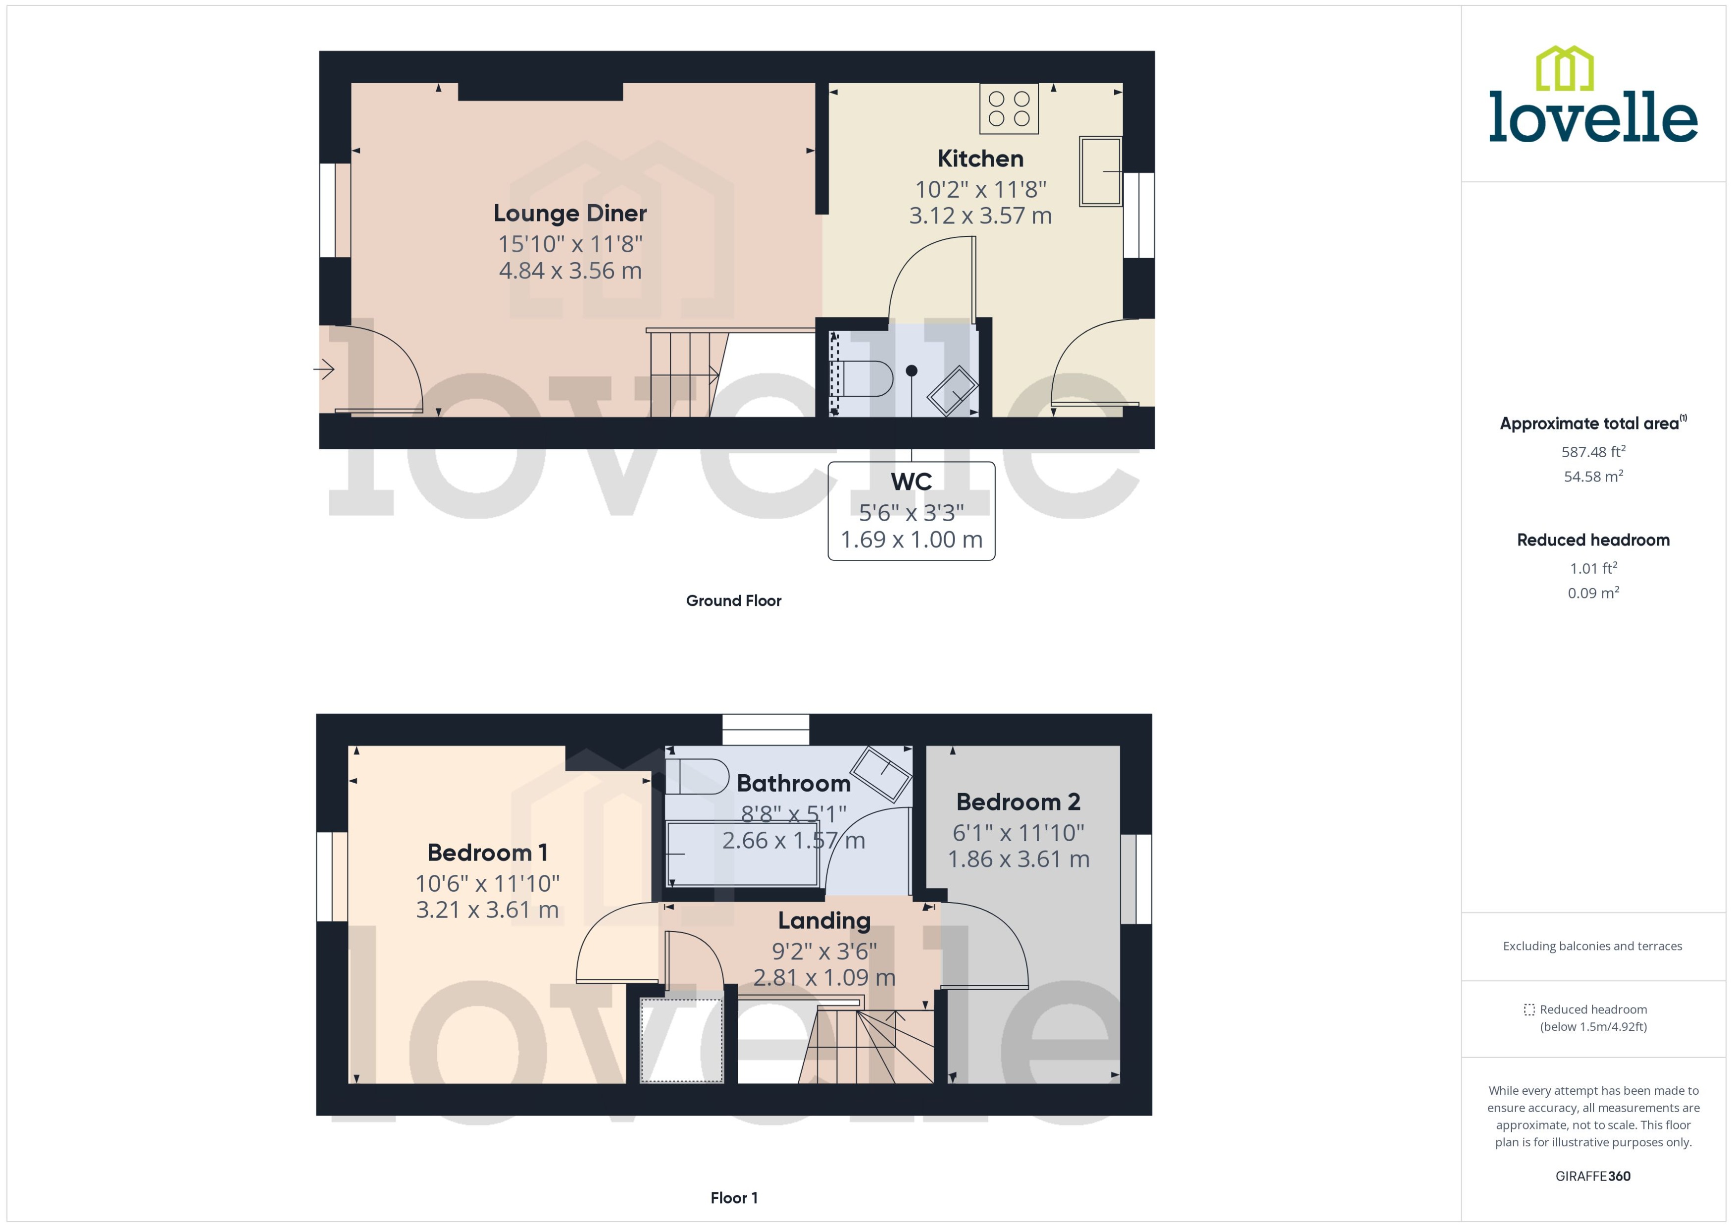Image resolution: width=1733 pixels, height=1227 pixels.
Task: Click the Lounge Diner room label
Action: click(x=570, y=214)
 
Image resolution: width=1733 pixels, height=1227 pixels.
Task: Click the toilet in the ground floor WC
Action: click(x=863, y=378)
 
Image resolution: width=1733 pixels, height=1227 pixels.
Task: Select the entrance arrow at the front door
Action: click(x=325, y=370)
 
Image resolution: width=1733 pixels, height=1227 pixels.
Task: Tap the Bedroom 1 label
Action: click(x=487, y=853)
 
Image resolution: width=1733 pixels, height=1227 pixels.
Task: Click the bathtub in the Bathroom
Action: click(x=742, y=854)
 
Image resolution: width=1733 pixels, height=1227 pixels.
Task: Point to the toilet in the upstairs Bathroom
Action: click(x=699, y=777)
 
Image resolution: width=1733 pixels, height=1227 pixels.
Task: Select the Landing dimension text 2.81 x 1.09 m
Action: click(x=824, y=978)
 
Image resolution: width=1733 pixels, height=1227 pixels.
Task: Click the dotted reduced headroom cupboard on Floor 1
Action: click(x=681, y=1040)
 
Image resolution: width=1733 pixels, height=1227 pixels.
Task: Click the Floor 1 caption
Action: click(x=733, y=1198)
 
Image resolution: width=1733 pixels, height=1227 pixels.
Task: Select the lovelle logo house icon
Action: click(x=1565, y=69)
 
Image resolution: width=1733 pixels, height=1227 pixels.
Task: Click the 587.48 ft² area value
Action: click(x=1592, y=452)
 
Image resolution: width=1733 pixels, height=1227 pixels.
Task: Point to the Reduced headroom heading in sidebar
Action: click(x=1592, y=540)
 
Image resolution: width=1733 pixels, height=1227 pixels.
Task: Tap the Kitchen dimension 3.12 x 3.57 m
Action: click(x=980, y=216)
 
